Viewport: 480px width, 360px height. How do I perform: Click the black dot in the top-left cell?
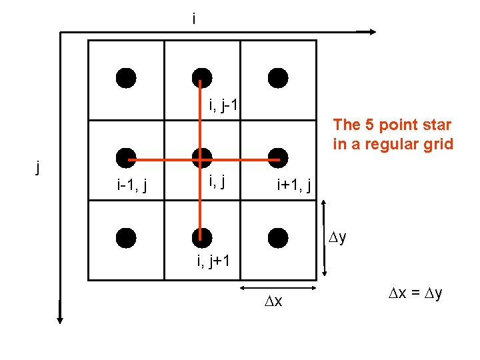125,78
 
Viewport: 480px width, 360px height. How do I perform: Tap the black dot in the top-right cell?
278,78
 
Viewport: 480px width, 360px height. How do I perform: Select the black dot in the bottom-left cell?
125,237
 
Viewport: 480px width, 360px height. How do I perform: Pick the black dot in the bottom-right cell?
278,237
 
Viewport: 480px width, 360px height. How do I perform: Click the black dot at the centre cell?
201,158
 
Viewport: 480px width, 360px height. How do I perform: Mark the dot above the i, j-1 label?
201,78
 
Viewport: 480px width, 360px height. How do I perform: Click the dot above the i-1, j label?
125,158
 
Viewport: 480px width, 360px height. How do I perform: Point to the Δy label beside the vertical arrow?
338,238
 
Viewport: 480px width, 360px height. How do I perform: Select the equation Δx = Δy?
415,293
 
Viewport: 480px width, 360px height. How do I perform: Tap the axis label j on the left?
39,167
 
